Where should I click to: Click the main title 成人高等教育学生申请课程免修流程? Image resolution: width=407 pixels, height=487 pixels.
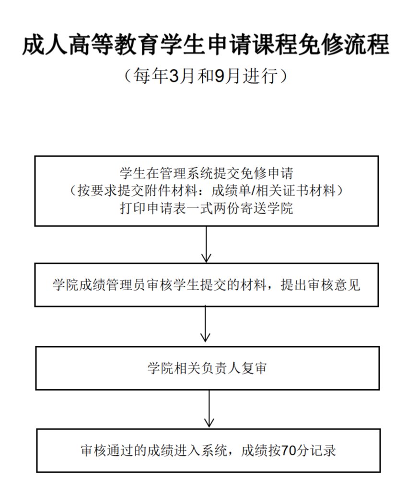tap(205, 46)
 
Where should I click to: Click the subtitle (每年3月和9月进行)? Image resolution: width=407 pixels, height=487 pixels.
tap(205, 76)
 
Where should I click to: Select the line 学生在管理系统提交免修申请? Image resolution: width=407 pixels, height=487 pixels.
tap(206, 172)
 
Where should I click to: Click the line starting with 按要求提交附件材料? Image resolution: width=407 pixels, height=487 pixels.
tap(206, 191)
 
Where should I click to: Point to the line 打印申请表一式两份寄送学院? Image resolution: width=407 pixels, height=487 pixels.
tap(206, 209)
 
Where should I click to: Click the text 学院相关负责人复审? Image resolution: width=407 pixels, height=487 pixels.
tap(207, 368)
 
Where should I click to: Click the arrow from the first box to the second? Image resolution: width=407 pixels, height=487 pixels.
tap(206, 244)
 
